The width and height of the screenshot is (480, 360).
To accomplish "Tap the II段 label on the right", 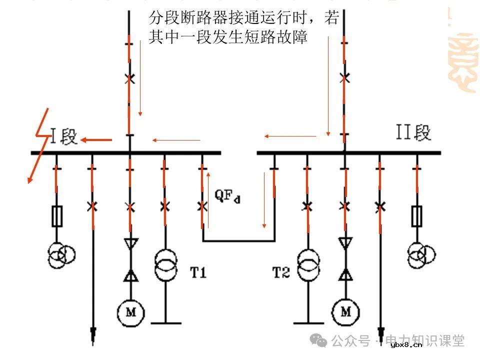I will click(413, 133).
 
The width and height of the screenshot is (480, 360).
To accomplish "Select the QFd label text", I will click(227, 196).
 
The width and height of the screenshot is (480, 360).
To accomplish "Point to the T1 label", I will click(198, 272).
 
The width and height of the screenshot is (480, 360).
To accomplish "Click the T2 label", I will click(280, 272).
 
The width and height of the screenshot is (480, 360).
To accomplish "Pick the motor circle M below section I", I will click(130, 312).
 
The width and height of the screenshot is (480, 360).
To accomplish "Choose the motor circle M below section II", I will click(345, 312).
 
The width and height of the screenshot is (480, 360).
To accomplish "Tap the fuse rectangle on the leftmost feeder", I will click(56, 216).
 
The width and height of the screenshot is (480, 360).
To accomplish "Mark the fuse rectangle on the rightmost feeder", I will click(416, 215).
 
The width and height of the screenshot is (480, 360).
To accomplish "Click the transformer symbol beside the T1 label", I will click(165, 265).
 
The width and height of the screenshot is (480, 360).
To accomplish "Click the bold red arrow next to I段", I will click(96, 140).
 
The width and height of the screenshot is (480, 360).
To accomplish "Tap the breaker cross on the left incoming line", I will click(129, 78).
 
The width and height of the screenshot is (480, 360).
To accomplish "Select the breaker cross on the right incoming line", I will click(344, 78).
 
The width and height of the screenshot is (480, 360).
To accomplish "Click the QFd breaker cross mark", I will click(202, 206).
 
